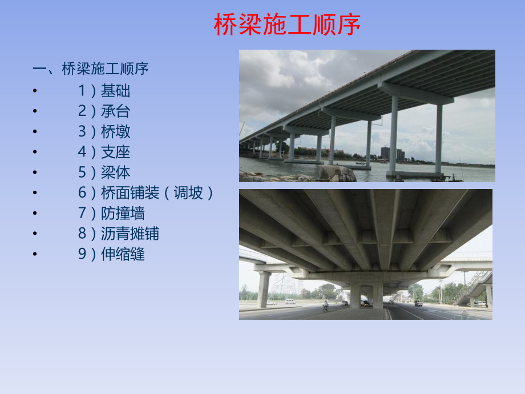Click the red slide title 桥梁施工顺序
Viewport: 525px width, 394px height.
coord(287,25)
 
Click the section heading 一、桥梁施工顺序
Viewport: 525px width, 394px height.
coord(91,69)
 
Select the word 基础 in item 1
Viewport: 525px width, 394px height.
coord(116,90)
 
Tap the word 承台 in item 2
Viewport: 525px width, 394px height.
coord(116,111)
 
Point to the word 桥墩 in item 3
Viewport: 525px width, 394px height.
coord(116,131)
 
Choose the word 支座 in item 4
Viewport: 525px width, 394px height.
coord(116,152)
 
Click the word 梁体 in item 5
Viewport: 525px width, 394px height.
coord(116,172)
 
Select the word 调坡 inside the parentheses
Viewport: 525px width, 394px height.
coord(188,193)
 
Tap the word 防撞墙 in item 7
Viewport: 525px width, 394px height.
coord(123,214)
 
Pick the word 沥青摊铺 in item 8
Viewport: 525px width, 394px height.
coord(130,234)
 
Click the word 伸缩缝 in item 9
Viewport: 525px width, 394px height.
coord(123,254)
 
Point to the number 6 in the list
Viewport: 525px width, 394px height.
coord(83,193)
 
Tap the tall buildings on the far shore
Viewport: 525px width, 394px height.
coord(393,152)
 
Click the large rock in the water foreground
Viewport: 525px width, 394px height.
coord(337,174)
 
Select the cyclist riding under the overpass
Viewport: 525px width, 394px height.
coord(326,306)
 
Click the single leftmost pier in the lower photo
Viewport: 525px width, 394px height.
coord(264,289)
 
